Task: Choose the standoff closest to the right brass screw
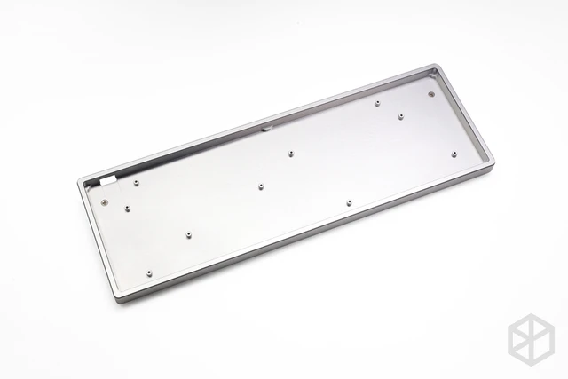pos(401,116)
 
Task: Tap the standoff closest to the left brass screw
pos(126,208)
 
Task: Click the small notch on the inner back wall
pos(266,125)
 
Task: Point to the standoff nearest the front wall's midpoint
pos(349,203)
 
